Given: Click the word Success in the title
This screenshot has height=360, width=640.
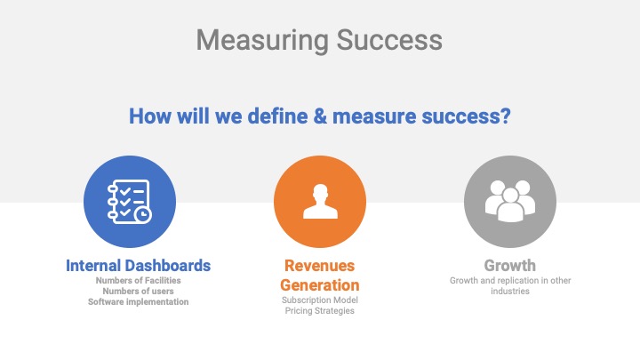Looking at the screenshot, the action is pos(389,40).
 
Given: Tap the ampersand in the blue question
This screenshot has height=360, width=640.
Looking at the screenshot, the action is pos(320,116).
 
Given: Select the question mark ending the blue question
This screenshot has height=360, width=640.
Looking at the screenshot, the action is pos(505,116).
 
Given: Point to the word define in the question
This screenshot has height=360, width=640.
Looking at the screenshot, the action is pos(278,116).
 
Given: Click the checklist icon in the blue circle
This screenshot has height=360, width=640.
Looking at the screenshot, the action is pos(130,202).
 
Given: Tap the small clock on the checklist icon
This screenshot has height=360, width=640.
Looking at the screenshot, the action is pos(143,215).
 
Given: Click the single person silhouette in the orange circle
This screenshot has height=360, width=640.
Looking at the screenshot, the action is pos(320,201).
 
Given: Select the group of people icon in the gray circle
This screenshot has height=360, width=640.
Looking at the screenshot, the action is pos(510,201).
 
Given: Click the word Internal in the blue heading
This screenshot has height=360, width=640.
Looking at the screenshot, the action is pos(93,266).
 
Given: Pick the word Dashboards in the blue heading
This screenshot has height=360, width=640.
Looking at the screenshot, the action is pos(168,266).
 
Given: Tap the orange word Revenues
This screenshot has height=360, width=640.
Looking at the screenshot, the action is pos(320,266).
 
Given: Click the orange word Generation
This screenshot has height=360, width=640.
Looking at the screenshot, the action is pos(320,285).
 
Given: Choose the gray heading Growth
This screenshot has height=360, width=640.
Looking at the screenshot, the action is pos(510,266).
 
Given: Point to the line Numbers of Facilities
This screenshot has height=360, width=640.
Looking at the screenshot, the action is pos(139,280).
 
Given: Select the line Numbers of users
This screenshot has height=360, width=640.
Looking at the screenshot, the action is pos(139,291).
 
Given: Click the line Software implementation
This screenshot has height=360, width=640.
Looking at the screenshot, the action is pos(139,302).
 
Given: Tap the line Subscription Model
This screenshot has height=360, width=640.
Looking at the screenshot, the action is pos(320,300).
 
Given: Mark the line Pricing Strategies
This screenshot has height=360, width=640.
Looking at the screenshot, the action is pos(320,310).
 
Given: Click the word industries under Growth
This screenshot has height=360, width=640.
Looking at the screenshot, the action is pos(510,291).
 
